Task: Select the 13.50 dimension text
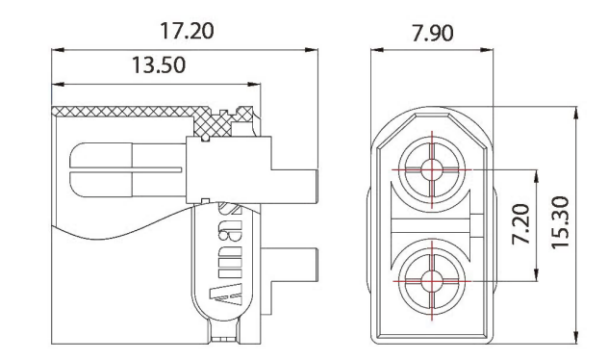[155, 65]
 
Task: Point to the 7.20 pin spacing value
[519, 224]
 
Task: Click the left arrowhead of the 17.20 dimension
[55, 48]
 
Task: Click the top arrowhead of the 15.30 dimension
[576, 111]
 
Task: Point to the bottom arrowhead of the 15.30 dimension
[576, 339]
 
